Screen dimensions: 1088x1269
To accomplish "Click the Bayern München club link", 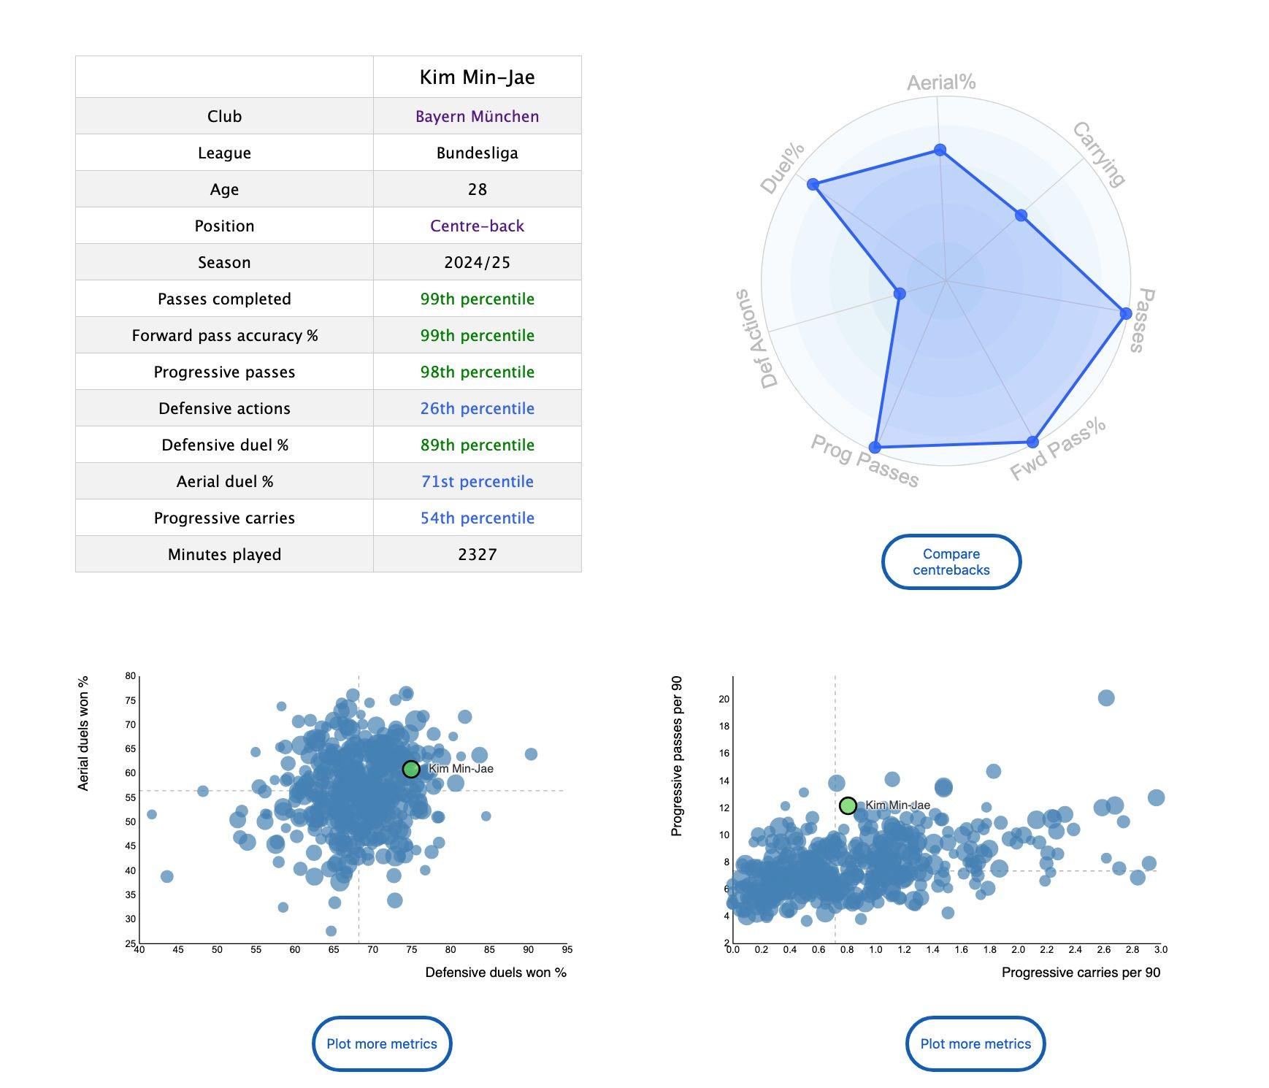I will [x=477, y=116].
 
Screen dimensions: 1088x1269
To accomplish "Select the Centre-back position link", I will [x=477, y=226].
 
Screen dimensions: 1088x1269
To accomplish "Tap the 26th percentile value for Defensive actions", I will [x=477, y=408].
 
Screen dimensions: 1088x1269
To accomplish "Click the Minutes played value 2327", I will [x=477, y=554].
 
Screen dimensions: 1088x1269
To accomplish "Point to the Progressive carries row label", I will [x=224, y=518].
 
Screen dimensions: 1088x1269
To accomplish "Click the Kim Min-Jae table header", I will [x=477, y=77].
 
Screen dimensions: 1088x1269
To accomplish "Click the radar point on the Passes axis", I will [x=1126, y=313].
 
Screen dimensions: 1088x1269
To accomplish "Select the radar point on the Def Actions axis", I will [x=900, y=294].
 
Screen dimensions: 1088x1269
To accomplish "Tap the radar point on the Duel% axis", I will [x=813, y=184].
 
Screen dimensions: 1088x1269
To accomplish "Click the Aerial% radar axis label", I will [x=941, y=83].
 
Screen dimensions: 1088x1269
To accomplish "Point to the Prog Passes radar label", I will [x=864, y=461].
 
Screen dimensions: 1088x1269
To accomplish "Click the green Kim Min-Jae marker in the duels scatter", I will [x=411, y=769].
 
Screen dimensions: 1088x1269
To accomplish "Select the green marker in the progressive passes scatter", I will [x=848, y=805].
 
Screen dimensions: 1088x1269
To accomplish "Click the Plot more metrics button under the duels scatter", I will [x=382, y=1043].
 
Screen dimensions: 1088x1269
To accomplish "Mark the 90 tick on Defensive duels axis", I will [x=528, y=950].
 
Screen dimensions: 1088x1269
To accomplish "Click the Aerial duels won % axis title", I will [x=83, y=733].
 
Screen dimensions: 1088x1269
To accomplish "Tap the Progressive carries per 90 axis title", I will [x=1081, y=972].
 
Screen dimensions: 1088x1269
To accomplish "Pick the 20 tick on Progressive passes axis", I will [x=724, y=699].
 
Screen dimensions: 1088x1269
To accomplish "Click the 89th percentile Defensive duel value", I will [x=477, y=445].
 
